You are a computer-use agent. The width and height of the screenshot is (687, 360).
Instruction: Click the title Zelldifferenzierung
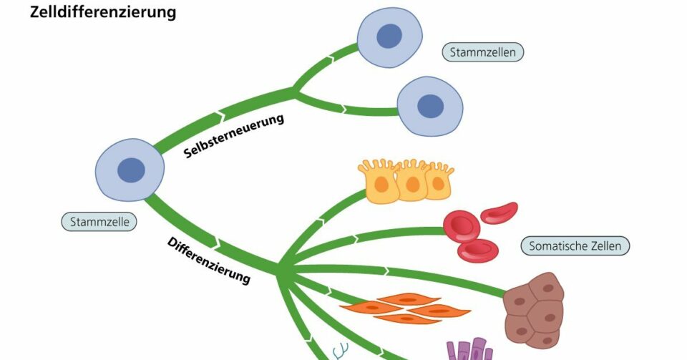(103, 12)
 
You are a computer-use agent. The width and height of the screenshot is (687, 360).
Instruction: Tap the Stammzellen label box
(483, 52)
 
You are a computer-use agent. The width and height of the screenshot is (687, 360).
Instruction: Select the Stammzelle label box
(99, 222)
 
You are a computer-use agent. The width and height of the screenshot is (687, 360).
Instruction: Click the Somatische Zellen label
(575, 246)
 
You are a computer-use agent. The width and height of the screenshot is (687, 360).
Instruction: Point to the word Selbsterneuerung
(234, 135)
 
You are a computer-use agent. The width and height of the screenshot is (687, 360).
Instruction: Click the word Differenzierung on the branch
(209, 261)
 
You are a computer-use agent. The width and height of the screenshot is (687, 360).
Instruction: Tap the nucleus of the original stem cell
(131, 170)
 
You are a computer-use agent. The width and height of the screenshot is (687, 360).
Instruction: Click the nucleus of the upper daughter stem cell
(389, 36)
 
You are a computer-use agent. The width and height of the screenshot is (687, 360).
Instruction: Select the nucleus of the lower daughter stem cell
(430, 105)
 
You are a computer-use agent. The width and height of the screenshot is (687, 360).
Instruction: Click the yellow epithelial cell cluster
(406, 181)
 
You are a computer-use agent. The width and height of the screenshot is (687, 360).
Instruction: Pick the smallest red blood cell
(499, 213)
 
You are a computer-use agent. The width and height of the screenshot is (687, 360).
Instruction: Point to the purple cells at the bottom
(469, 351)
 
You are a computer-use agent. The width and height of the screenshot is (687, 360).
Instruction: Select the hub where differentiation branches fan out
(280, 271)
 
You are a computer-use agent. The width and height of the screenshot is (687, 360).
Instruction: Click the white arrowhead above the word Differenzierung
(217, 244)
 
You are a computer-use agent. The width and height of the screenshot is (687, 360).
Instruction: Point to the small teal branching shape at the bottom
(339, 351)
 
